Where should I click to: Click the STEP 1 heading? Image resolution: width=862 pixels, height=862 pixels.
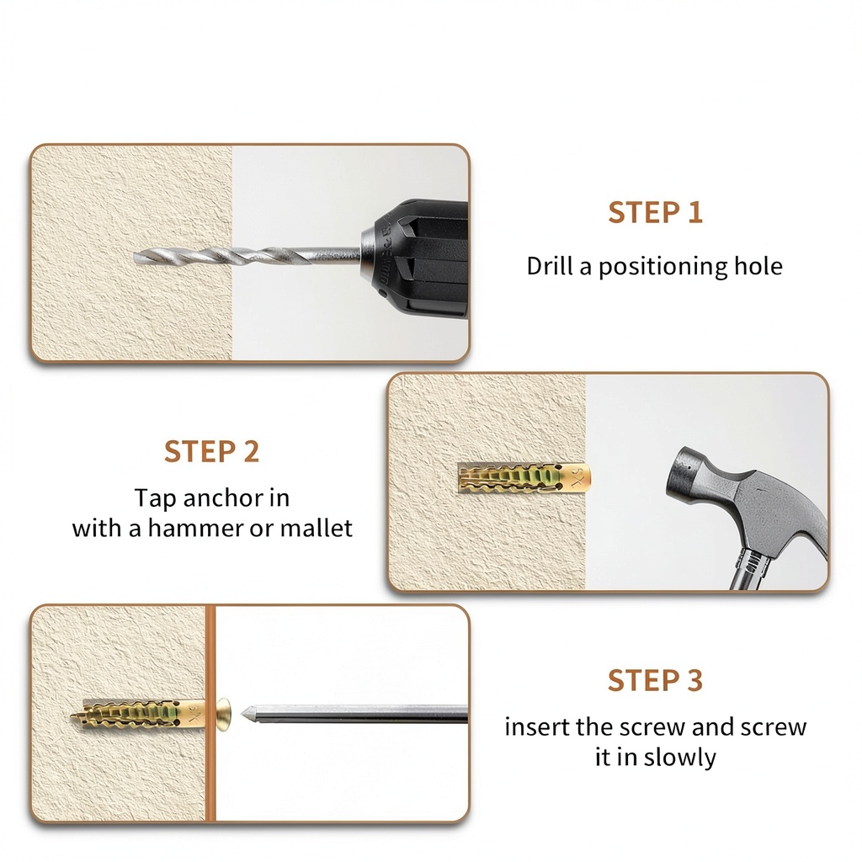click(x=655, y=212)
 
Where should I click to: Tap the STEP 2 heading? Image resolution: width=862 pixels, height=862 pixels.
click(x=211, y=451)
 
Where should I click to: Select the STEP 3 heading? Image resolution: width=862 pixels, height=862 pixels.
click(x=655, y=680)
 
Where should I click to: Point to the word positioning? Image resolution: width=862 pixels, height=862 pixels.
click(x=663, y=267)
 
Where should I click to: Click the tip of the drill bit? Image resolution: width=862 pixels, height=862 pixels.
click(x=136, y=256)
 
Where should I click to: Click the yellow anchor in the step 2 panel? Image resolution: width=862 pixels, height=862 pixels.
click(x=524, y=476)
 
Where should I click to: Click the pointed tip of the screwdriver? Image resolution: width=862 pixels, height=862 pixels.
click(x=243, y=714)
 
